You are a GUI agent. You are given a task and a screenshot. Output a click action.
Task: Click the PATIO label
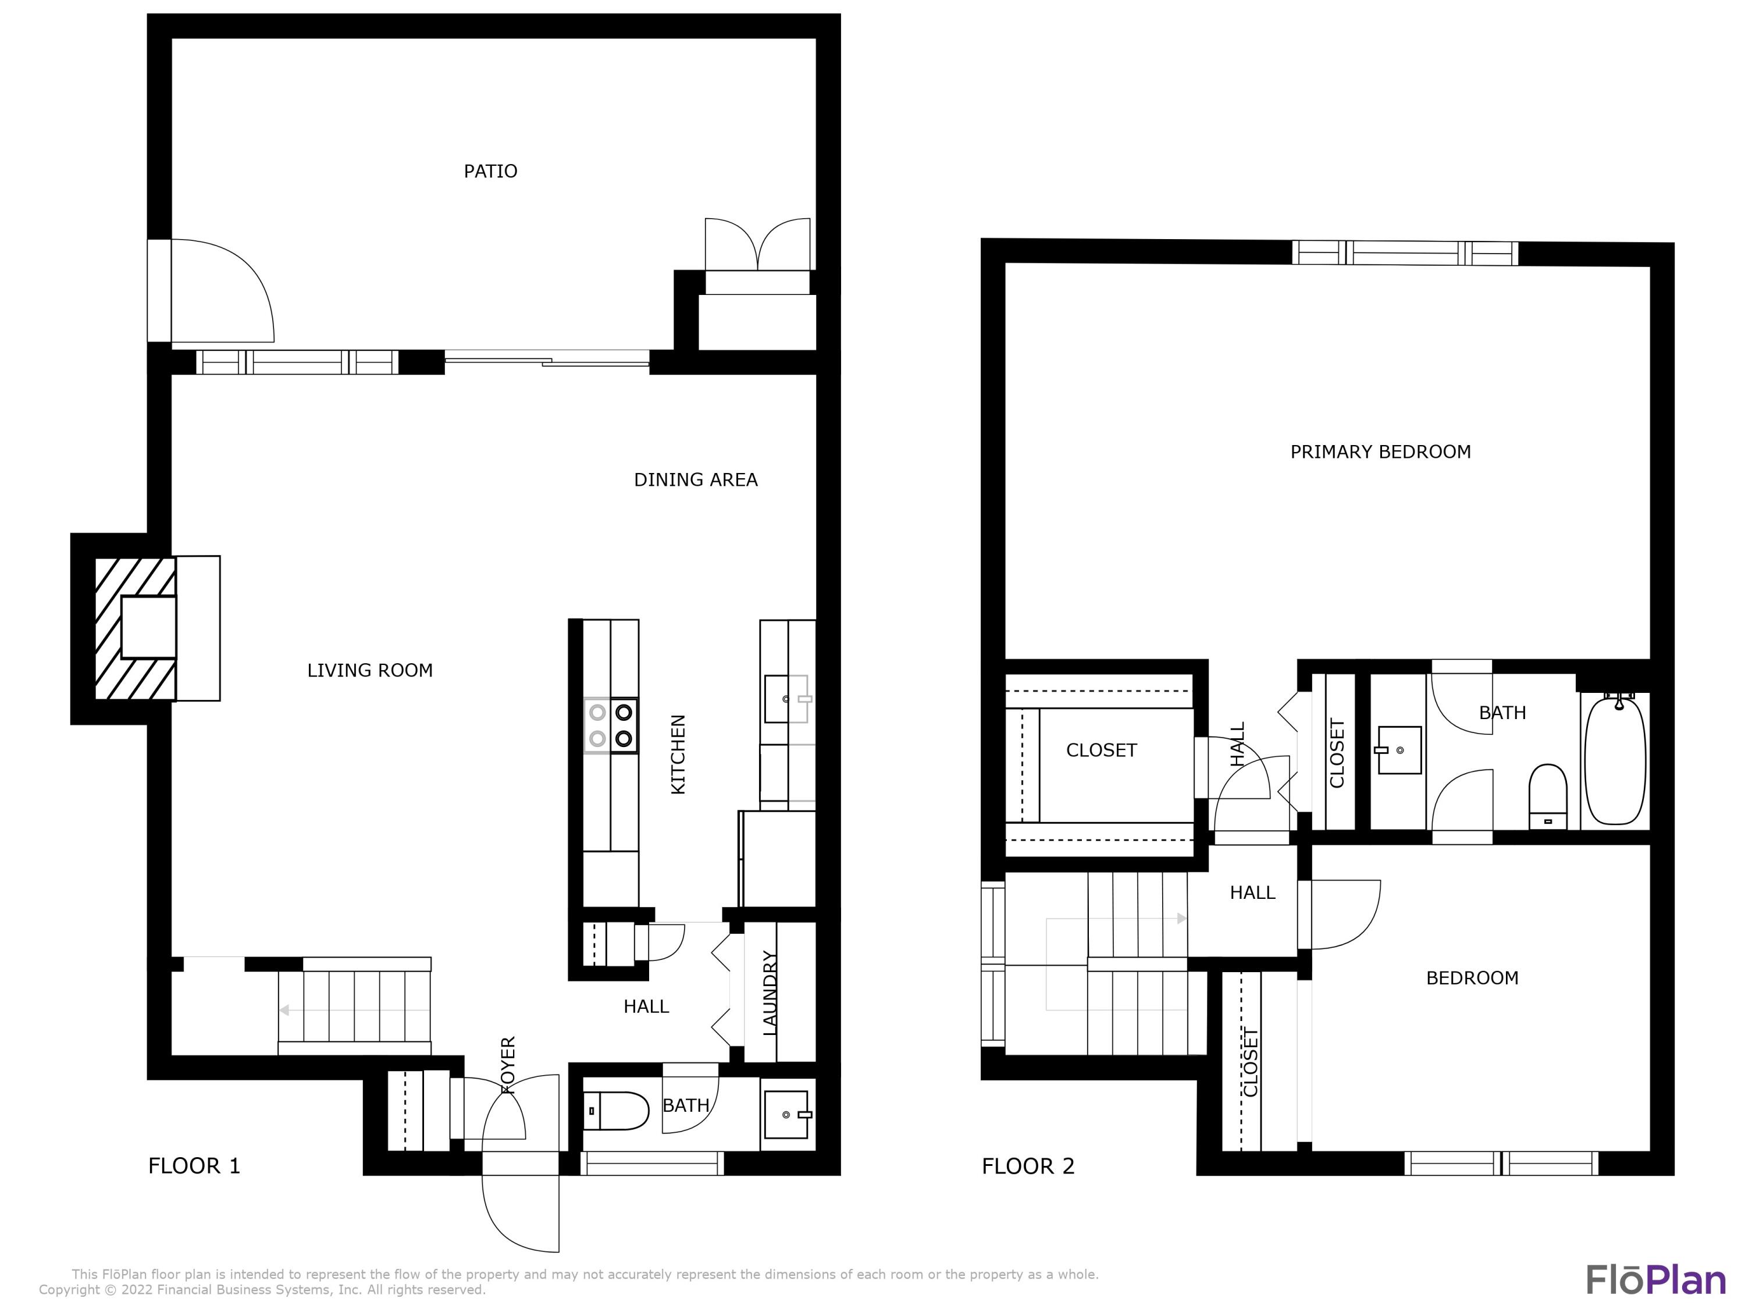pyautogui.click(x=490, y=171)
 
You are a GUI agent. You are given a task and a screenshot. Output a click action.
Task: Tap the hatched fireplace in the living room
pyautogui.click(x=134, y=628)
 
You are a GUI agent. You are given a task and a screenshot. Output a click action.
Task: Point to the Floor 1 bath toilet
pyautogui.click(x=616, y=1111)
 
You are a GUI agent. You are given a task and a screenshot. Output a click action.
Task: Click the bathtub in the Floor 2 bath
pyautogui.click(x=1615, y=759)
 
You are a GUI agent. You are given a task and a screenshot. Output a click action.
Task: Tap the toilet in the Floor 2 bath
pyautogui.click(x=1547, y=793)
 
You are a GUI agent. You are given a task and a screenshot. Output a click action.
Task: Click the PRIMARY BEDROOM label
pyautogui.click(x=1380, y=452)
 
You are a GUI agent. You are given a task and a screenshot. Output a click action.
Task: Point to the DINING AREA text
pyautogui.click(x=695, y=480)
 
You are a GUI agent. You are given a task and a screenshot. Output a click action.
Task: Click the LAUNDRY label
pyautogui.click(x=771, y=994)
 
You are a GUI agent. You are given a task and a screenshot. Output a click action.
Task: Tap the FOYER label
pyautogui.click(x=508, y=1065)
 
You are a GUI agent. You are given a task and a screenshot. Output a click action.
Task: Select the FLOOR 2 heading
pyautogui.click(x=1027, y=1166)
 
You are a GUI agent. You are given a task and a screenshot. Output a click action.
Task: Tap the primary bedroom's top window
pyautogui.click(x=1404, y=253)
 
